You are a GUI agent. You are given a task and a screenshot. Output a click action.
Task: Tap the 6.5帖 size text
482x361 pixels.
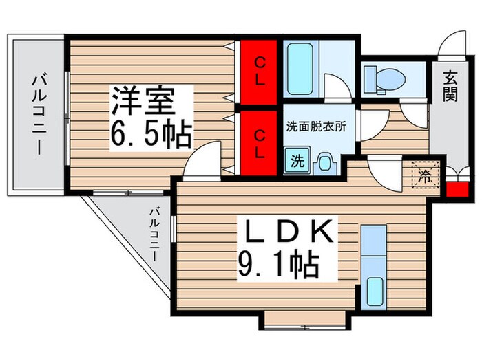(151, 135)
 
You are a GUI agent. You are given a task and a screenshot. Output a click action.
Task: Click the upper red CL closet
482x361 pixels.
(260, 71)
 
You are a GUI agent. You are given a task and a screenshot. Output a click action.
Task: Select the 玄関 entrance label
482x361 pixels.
(450, 88)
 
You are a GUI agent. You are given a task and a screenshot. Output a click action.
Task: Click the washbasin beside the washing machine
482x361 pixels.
(323, 164)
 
